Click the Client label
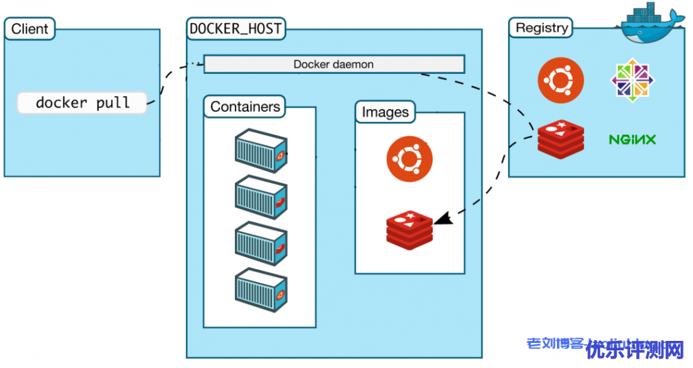click(x=30, y=29)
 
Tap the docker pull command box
click(x=82, y=103)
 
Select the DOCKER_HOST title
click(x=236, y=29)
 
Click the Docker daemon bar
click(x=334, y=64)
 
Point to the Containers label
click(x=245, y=106)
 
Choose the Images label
click(x=385, y=112)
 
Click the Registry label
click(x=541, y=28)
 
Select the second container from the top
click(x=261, y=196)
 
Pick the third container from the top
click(x=261, y=242)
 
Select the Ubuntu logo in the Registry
click(x=561, y=81)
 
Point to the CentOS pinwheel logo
click(x=633, y=81)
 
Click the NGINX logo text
click(x=632, y=140)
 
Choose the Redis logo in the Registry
click(x=560, y=138)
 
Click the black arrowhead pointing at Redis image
click(x=443, y=219)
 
